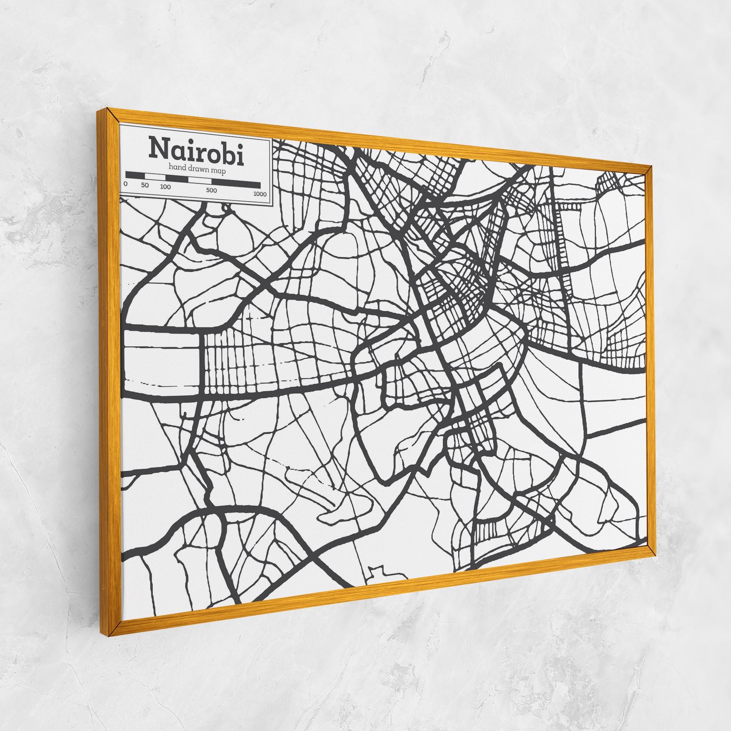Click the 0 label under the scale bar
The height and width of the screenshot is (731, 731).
(x=126, y=184)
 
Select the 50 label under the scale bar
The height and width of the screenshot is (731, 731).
(x=145, y=185)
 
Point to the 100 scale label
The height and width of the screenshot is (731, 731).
(x=165, y=187)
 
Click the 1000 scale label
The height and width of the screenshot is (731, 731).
(x=260, y=194)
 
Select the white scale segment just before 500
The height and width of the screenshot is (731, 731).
(x=200, y=180)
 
